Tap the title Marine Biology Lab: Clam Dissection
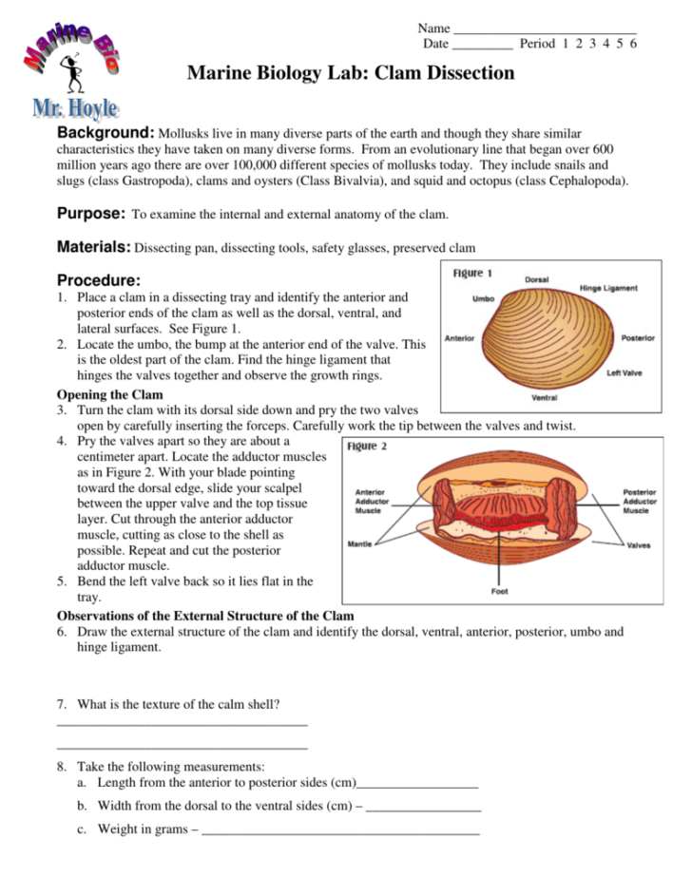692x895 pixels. [x=351, y=73]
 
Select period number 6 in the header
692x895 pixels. [x=633, y=44]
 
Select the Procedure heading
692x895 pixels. [x=99, y=280]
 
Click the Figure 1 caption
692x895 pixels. [x=472, y=274]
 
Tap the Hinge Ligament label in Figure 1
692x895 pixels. [x=608, y=288]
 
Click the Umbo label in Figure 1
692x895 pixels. [x=482, y=298]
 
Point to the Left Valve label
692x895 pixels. [x=624, y=373]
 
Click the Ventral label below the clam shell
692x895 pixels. [x=544, y=397]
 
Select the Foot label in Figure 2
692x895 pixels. [x=498, y=591]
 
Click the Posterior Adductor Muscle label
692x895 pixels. [x=639, y=501]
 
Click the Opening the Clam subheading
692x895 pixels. [x=109, y=394]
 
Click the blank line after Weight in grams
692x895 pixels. [x=341, y=829]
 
